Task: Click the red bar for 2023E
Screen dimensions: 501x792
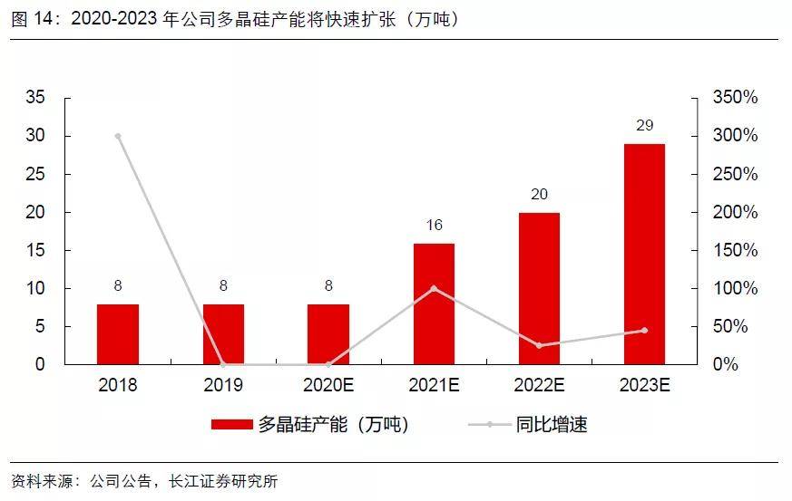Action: [x=644, y=254]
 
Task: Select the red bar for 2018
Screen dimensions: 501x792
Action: [x=118, y=334]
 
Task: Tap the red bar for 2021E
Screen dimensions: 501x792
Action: [x=434, y=303]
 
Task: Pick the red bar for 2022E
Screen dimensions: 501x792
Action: [x=539, y=288]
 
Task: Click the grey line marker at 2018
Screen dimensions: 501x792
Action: [x=118, y=136]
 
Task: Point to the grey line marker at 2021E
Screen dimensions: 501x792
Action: [x=434, y=288]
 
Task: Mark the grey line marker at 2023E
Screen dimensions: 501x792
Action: [x=644, y=331]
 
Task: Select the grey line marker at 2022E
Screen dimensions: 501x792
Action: [x=539, y=345]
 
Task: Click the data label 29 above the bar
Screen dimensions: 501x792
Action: [x=644, y=125]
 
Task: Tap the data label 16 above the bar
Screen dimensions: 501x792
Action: [x=434, y=225]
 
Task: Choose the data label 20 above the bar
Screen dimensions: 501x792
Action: [x=539, y=194]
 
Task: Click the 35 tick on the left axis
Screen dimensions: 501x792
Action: [x=35, y=97]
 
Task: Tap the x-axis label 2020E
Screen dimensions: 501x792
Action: [x=328, y=385]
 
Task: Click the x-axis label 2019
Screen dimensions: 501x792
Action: [x=223, y=385]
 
